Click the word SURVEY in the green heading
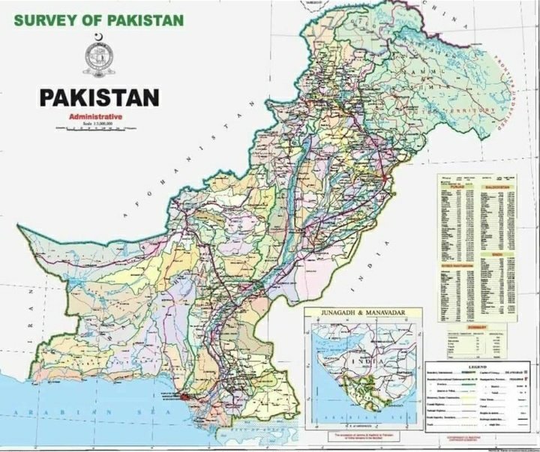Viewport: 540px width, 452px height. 42,18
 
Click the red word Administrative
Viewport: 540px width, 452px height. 95,118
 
